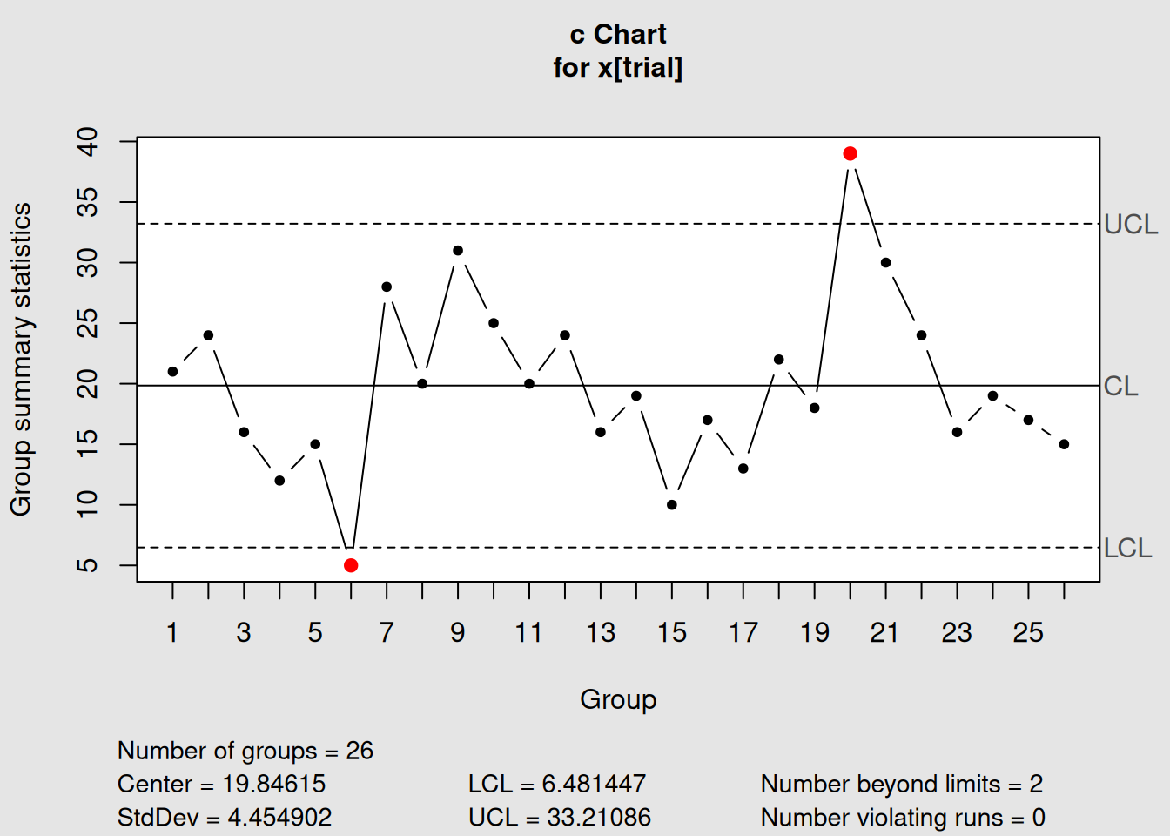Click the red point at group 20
tap(851, 154)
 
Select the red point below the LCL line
tap(351, 566)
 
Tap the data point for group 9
tap(458, 251)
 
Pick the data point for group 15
tap(672, 505)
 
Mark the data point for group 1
tap(172, 372)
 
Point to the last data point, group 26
tap(1064, 444)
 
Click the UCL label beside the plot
tap(1130, 225)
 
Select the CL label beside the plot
tap(1120, 386)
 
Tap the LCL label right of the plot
tap(1127, 548)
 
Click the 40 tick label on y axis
tap(88, 141)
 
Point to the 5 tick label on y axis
tap(88, 566)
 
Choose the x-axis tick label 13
tap(601, 633)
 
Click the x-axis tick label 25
tap(1028, 633)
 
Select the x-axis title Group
tap(618, 699)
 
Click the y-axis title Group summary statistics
tap(21, 359)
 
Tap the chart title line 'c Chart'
tap(618, 35)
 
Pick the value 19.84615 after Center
tap(273, 784)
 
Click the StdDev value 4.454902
tap(279, 818)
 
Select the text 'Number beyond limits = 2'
tap(901, 784)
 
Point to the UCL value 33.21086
tap(598, 818)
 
